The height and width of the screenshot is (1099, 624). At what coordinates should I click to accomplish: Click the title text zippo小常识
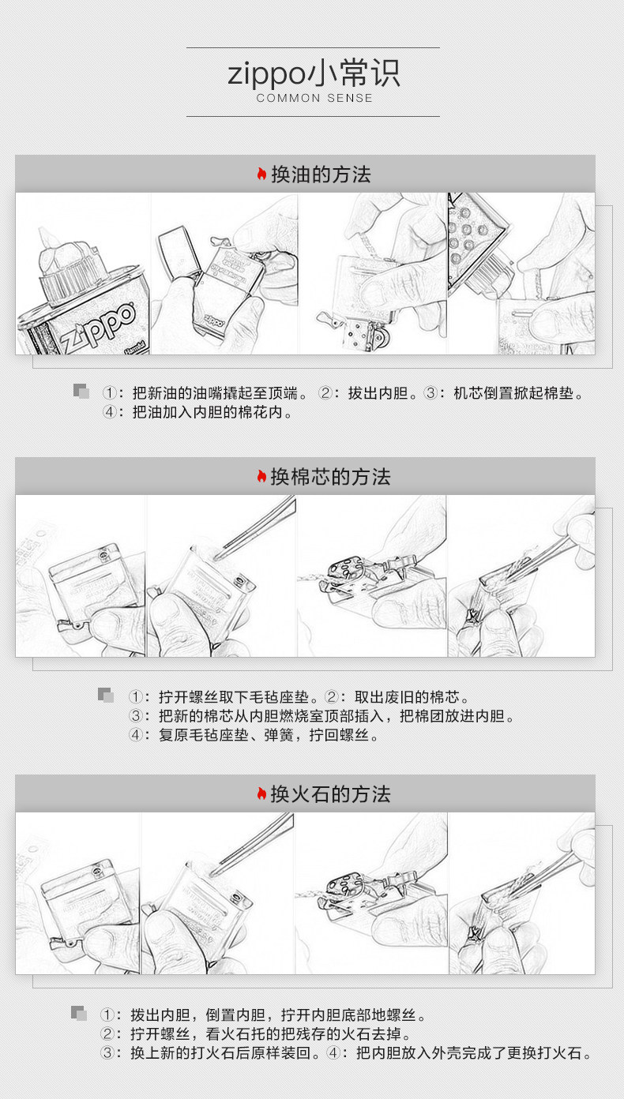[314, 73]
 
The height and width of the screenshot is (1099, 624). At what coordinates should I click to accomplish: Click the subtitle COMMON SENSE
[314, 98]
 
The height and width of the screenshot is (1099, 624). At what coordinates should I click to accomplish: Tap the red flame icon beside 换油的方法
[261, 174]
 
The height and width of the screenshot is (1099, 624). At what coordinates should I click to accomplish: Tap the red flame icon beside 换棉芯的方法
[261, 476]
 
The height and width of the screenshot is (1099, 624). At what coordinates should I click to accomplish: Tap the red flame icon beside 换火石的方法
[261, 793]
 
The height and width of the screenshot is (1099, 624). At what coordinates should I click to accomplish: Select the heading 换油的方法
[321, 174]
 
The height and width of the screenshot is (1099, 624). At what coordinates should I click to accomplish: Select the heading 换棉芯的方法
[330, 476]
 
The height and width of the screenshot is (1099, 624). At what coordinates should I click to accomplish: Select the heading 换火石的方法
[330, 793]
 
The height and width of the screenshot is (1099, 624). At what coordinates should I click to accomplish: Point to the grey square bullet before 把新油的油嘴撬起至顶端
[81, 391]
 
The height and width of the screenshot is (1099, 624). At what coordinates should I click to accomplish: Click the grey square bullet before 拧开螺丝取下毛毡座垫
[106, 696]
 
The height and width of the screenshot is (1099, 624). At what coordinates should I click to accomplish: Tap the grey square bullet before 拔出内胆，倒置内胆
[79, 1013]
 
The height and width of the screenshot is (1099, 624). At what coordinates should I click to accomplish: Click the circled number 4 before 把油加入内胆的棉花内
[109, 412]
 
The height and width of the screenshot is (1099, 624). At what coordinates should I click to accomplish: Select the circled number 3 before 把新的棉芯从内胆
[136, 716]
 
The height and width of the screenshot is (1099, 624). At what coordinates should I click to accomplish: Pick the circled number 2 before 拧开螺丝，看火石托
[107, 1033]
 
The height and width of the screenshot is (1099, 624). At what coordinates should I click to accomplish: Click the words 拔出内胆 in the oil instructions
[378, 393]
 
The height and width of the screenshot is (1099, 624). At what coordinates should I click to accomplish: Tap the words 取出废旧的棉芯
[407, 696]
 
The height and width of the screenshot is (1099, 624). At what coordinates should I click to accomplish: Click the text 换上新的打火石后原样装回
[220, 1053]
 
